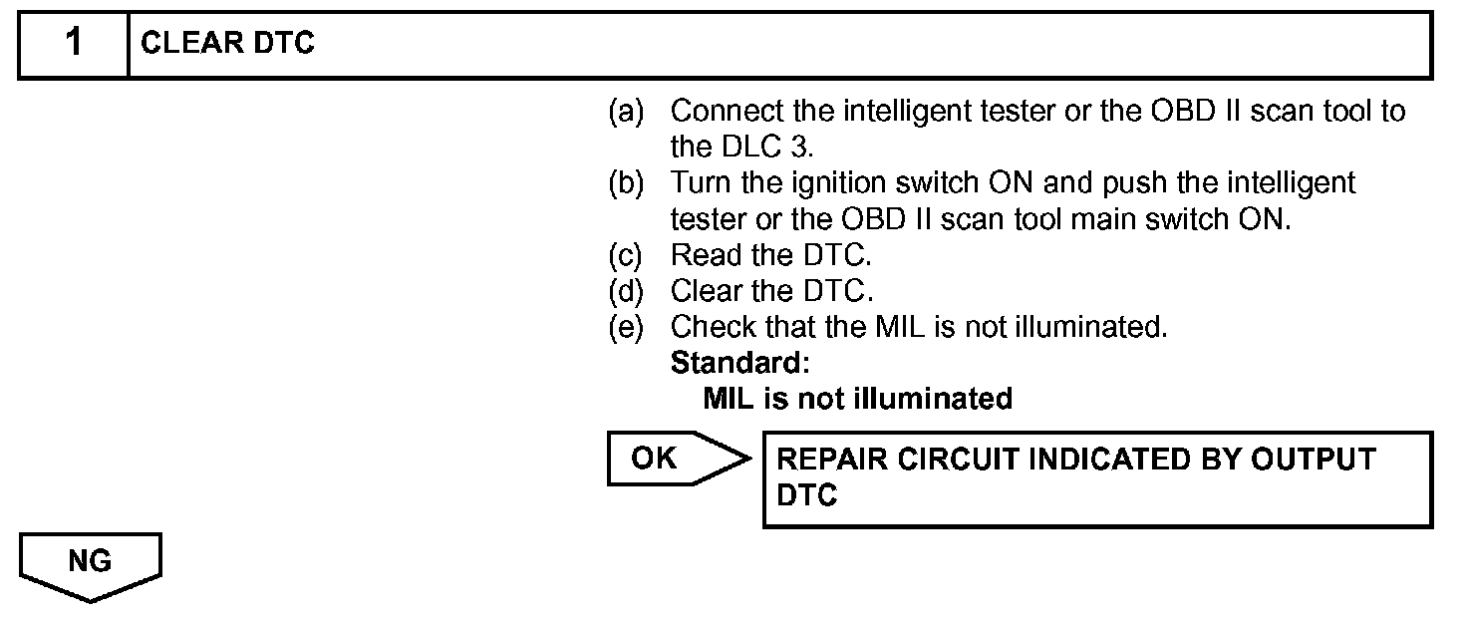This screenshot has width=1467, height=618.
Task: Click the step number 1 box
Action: click(74, 45)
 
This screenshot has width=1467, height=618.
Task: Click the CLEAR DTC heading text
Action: click(228, 45)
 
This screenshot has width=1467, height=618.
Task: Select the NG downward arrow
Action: click(90, 566)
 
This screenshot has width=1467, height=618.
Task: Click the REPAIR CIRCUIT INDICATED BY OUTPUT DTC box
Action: click(1097, 478)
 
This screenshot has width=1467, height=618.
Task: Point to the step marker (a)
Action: click(627, 111)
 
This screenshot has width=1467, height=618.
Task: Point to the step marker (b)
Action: click(627, 183)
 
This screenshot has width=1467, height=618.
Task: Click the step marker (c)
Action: click(627, 255)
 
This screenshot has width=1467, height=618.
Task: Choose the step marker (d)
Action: click(627, 291)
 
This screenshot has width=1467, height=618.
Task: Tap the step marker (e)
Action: click(627, 327)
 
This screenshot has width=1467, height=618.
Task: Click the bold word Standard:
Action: click(739, 363)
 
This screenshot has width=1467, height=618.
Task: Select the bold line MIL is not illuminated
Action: click(857, 399)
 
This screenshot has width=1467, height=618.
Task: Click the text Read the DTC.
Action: click(770, 255)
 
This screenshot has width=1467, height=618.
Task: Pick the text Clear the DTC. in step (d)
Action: click(772, 291)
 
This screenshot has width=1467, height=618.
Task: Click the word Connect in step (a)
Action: click(726, 111)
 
